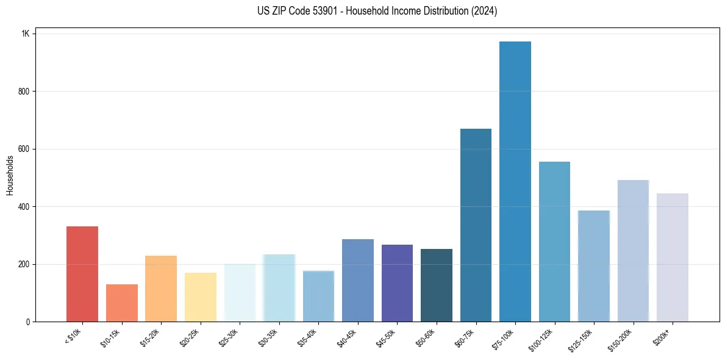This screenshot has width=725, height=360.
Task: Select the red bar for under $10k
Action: coord(82,274)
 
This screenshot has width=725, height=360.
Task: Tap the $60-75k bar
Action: coord(476,225)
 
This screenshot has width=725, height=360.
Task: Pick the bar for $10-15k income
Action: coord(122,303)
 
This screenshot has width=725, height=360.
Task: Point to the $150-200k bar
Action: coord(633,251)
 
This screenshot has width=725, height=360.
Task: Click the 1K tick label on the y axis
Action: coord(25,34)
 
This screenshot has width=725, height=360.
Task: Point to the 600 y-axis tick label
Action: coord(24,149)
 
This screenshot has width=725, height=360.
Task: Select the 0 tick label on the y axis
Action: coord(27,322)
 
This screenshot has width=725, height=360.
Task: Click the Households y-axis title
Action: coord(10,175)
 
